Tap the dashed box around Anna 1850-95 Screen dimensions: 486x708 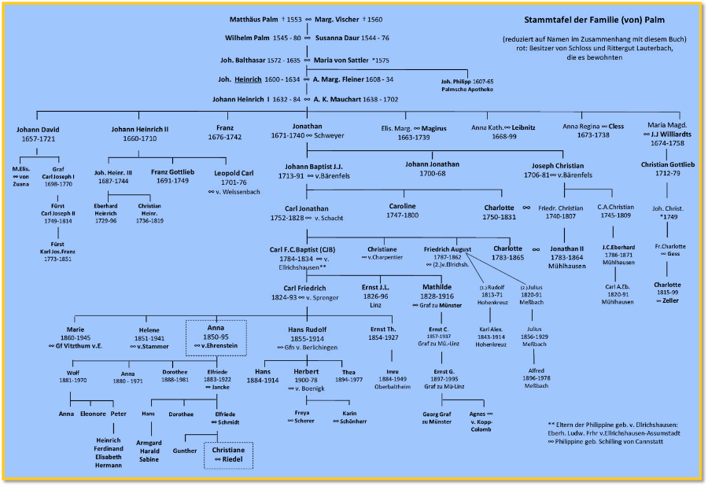tap(216, 337)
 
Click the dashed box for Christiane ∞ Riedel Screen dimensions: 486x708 tap(228, 455)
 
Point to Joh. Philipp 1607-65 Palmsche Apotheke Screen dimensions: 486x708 tap(467, 85)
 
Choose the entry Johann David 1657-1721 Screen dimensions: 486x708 tap(38, 134)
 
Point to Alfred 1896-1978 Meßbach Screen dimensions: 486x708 tap(536, 376)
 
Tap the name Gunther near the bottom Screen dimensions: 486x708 tap(185, 451)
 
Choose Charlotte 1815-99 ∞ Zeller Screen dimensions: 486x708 tap(667, 292)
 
